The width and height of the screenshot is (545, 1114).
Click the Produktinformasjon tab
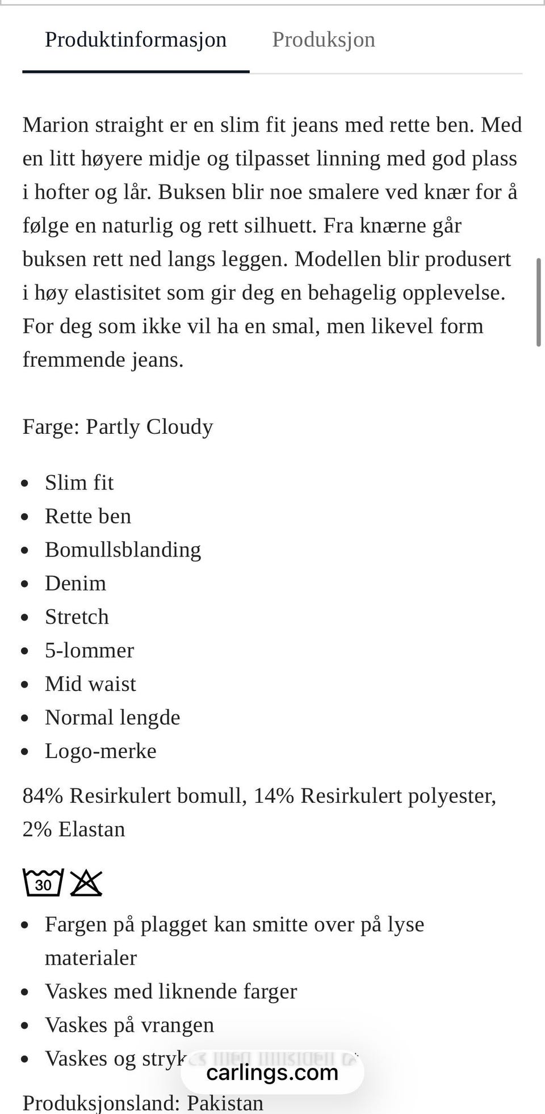tap(136, 40)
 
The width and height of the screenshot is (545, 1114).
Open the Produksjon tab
tap(324, 40)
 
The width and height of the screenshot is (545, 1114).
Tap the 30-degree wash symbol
tap(43, 883)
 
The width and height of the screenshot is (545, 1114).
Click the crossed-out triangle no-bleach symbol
tap(86, 883)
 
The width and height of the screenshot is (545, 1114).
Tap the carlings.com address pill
tap(272, 1073)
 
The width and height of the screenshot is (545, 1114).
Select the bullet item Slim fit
tap(79, 483)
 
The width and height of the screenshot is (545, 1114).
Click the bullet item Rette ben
tap(88, 516)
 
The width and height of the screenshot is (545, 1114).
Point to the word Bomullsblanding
tap(123, 550)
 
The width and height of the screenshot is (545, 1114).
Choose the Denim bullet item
tap(76, 583)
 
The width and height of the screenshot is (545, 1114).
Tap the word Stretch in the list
tap(77, 617)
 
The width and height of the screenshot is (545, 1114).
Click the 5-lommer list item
tap(89, 650)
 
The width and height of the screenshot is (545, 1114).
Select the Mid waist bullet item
tap(90, 684)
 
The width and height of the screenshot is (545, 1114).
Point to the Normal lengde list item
tap(112, 717)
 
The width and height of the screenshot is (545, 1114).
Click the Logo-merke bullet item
tap(100, 751)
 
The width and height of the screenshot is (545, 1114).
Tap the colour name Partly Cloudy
tap(149, 426)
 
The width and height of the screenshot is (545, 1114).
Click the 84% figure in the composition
tap(43, 796)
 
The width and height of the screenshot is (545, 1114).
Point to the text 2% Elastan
tap(74, 830)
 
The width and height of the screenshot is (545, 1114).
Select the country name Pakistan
tap(225, 1103)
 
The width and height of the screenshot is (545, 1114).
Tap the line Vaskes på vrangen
tap(129, 1025)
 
